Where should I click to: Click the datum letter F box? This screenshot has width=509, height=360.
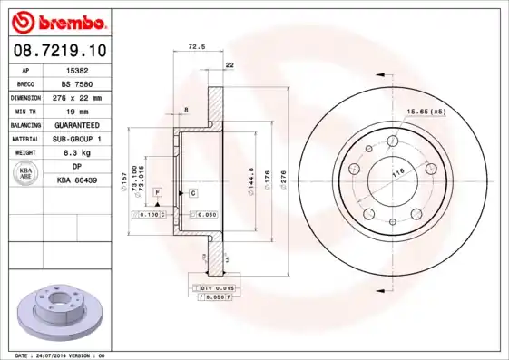click(157, 193)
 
